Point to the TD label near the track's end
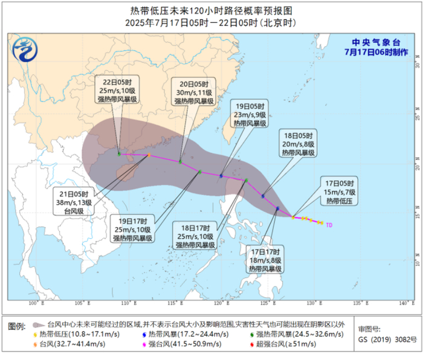pos(329,225)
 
